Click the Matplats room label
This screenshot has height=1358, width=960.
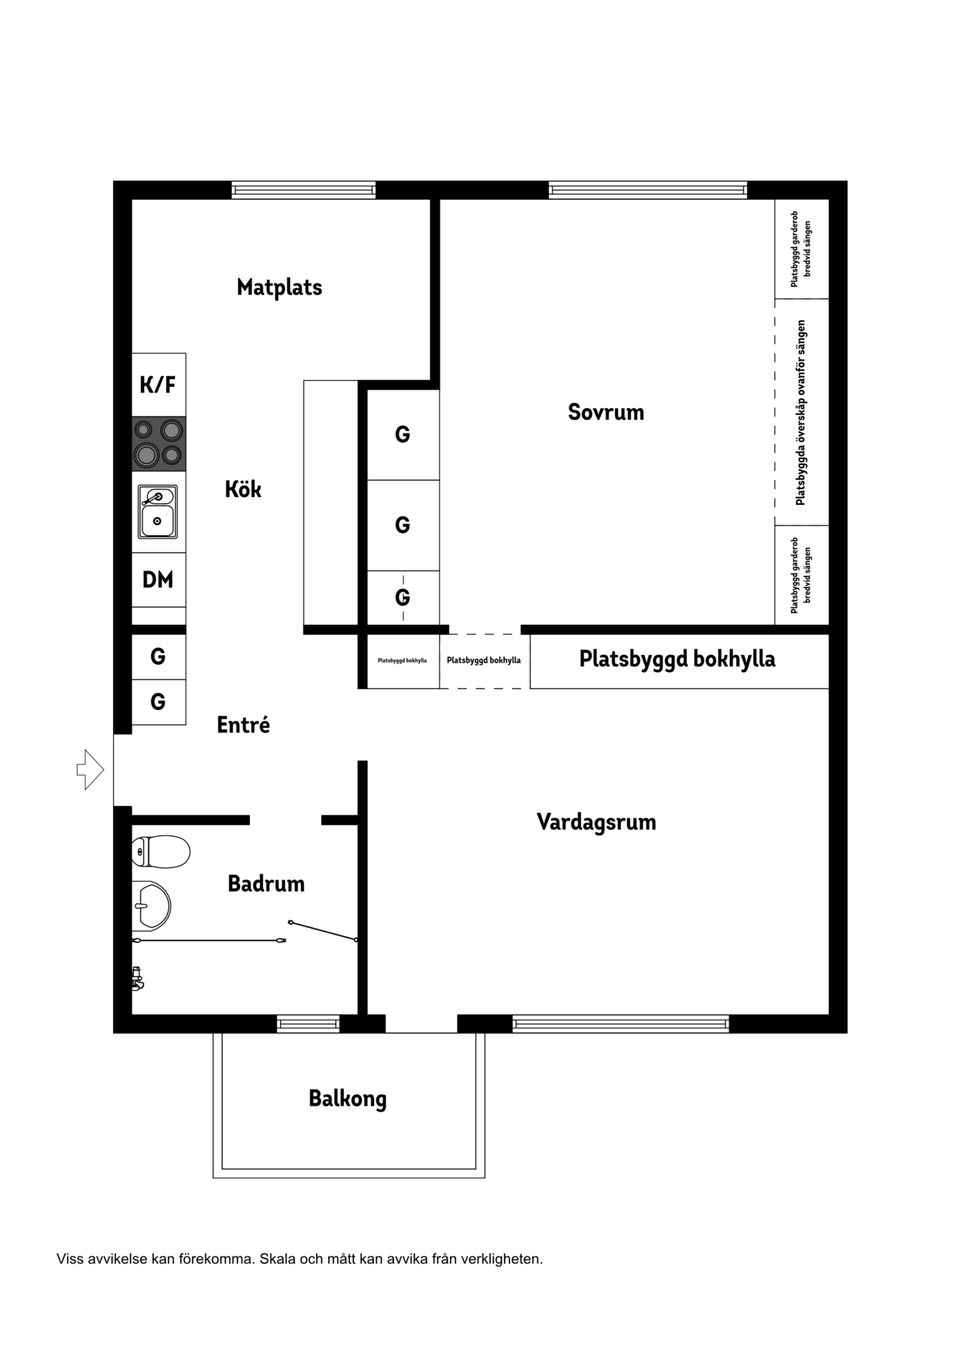click(279, 287)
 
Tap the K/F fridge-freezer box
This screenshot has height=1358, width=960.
click(158, 385)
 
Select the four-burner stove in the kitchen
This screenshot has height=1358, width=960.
click(159, 443)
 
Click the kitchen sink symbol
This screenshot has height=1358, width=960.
click(158, 511)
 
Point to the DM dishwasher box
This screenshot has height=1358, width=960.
click(158, 580)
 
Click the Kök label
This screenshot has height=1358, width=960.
click(243, 489)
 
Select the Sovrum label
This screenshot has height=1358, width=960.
click(606, 412)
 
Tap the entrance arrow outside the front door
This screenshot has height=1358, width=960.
click(90, 769)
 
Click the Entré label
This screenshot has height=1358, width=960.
click(243, 725)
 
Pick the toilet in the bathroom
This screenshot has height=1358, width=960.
click(160, 852)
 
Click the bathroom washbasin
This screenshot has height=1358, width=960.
click(151, 906)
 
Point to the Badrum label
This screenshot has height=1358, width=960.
click(266, 884)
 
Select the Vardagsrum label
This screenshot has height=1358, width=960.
click(596, 822)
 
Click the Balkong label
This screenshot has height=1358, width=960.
click(347, 1098)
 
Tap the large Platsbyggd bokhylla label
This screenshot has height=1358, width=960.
click(677, 659)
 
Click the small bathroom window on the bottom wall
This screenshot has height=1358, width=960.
click(308, 1023)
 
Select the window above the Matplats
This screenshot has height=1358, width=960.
click(304, 190)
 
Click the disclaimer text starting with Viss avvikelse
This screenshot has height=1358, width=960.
click(300, 1259)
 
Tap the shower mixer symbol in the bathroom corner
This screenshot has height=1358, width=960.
click(138, 978)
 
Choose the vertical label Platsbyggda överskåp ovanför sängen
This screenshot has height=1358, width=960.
click(801, 412)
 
